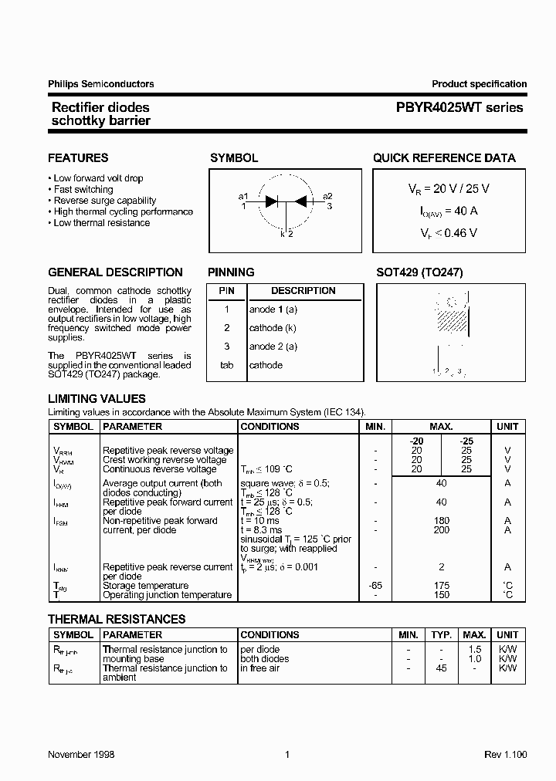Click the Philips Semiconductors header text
101,84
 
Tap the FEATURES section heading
78,158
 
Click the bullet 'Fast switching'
83,189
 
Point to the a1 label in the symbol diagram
243,196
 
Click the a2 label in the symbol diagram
327,196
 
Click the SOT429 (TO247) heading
419,272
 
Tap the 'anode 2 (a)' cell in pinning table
273,347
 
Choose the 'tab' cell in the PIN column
226,365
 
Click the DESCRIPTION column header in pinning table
303,291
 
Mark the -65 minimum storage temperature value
375,586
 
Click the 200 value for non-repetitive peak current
442,530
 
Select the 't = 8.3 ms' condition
262,530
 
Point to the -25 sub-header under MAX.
466,441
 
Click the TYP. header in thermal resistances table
441,634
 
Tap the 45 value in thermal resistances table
441,668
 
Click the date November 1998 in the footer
81,754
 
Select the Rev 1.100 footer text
504,754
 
